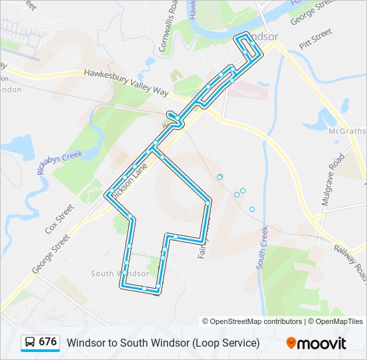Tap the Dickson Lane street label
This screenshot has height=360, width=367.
129,177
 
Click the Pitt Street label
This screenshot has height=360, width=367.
316,37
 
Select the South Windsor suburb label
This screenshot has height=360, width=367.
119,273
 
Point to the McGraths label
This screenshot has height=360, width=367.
347,131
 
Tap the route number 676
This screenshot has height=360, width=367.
47,342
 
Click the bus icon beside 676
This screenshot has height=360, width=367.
30,343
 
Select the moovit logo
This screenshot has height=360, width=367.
316,343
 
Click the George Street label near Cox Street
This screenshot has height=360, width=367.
49,254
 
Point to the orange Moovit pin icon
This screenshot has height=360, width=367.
291,343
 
